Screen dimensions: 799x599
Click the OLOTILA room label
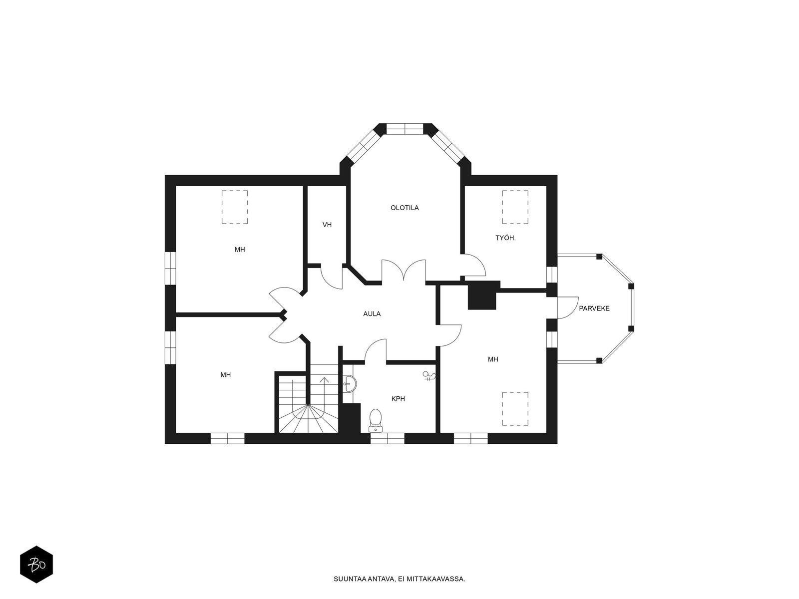click(x=404, y=208)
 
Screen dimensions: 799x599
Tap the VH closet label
click(x=327, y=225)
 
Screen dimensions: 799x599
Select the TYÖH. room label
click(x=505, y=238)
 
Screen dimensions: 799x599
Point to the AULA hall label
click(x=372, y=314)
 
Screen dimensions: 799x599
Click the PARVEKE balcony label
click(x=594, y=308)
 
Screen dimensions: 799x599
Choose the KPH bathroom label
click(x=398, y=399)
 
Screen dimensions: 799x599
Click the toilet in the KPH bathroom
click(x=376, y=420)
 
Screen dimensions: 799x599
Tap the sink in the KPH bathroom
click(x=350, y=383)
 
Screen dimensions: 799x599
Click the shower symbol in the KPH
click(x=429, y=376)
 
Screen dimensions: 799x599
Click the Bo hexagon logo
click(x=36, y=565)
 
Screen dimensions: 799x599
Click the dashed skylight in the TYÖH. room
click(x=515, y=207)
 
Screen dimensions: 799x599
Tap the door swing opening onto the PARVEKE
click(x=568, y=307)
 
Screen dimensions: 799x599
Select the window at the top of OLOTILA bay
click(x=405, y=129)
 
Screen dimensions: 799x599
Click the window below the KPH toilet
click(x=388, y=438)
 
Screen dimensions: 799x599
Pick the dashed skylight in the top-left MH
click(x=235, y=207)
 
